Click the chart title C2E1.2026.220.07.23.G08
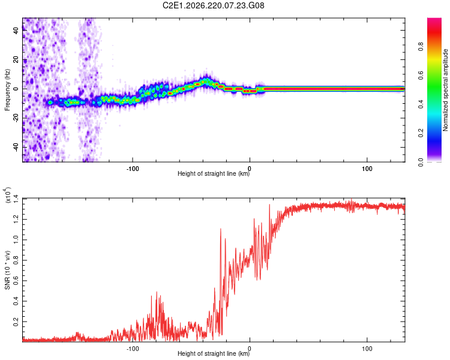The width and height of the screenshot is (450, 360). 213,5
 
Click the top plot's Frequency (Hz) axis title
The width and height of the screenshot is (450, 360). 7,90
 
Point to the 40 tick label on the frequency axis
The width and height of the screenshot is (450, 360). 16,30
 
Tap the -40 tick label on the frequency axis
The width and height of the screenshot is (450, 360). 16,148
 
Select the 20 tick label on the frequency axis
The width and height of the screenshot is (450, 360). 16,59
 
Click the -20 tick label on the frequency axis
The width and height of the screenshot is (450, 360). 16,118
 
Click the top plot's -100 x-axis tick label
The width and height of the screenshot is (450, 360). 133,169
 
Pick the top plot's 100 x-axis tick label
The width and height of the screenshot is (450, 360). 367,169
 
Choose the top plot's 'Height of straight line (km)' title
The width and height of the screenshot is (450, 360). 214,173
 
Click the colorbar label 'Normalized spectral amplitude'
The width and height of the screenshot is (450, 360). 445,90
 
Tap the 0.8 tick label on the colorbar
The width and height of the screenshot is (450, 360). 421,47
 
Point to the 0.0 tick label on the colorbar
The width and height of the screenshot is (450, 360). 421,162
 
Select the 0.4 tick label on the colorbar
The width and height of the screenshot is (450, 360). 421,104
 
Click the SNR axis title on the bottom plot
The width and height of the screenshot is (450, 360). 7,270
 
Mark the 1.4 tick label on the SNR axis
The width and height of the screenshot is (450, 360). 16,199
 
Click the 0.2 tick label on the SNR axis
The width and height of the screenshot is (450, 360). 16,322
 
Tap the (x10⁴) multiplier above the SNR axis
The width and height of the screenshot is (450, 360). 7,195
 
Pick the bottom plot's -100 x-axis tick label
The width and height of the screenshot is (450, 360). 133,349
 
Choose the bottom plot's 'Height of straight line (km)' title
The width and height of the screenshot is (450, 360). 214,353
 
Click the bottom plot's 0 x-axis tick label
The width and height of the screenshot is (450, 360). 250,349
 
